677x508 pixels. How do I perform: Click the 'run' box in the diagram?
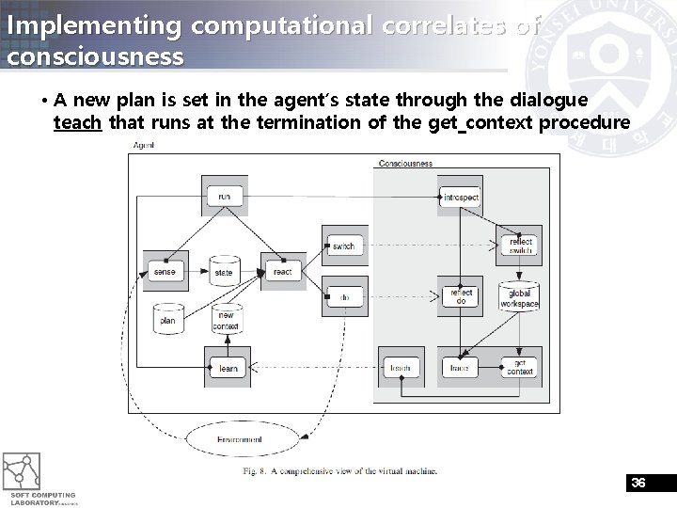tap(224, 197)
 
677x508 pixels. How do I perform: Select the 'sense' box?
tap(165, 272)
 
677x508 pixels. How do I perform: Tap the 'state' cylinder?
tap(224, 271)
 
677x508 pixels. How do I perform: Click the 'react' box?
tap(282, 272)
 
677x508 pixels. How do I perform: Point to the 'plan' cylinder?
tap(167, 320)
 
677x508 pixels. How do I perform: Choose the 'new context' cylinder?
tap(226, 320)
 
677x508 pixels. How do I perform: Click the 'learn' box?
tap(228, 368)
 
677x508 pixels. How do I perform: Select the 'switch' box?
tap(343, 246)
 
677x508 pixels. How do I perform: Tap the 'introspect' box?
tap(461, 198)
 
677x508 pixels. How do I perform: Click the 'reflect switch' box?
tap(520, 246)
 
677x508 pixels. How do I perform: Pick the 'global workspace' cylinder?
tap(519, 297)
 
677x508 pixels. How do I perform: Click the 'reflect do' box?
tap(461, 296)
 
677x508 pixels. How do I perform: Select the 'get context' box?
tap(520, 368)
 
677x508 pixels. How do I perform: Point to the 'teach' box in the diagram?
tap(401, 368)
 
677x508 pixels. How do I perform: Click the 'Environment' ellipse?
tap(240, 439)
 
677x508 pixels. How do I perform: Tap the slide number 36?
tap(638, 483)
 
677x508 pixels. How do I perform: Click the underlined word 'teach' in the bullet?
tap(77, 122)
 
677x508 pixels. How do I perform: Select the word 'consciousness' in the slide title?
tap(95, 56)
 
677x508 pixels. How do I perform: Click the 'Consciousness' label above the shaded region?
tap(405, 164)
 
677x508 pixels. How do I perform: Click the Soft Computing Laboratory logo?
tap(27, 476)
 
